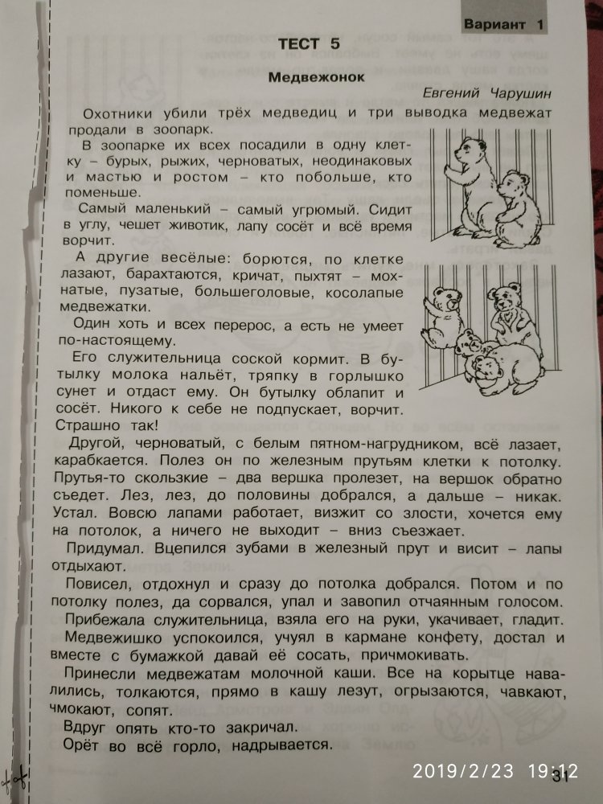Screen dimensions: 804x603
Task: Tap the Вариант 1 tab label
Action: tap(503, 24)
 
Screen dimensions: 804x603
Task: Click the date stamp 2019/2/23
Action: tap(463, 772)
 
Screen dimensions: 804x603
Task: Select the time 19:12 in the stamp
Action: tap(553, 772)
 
